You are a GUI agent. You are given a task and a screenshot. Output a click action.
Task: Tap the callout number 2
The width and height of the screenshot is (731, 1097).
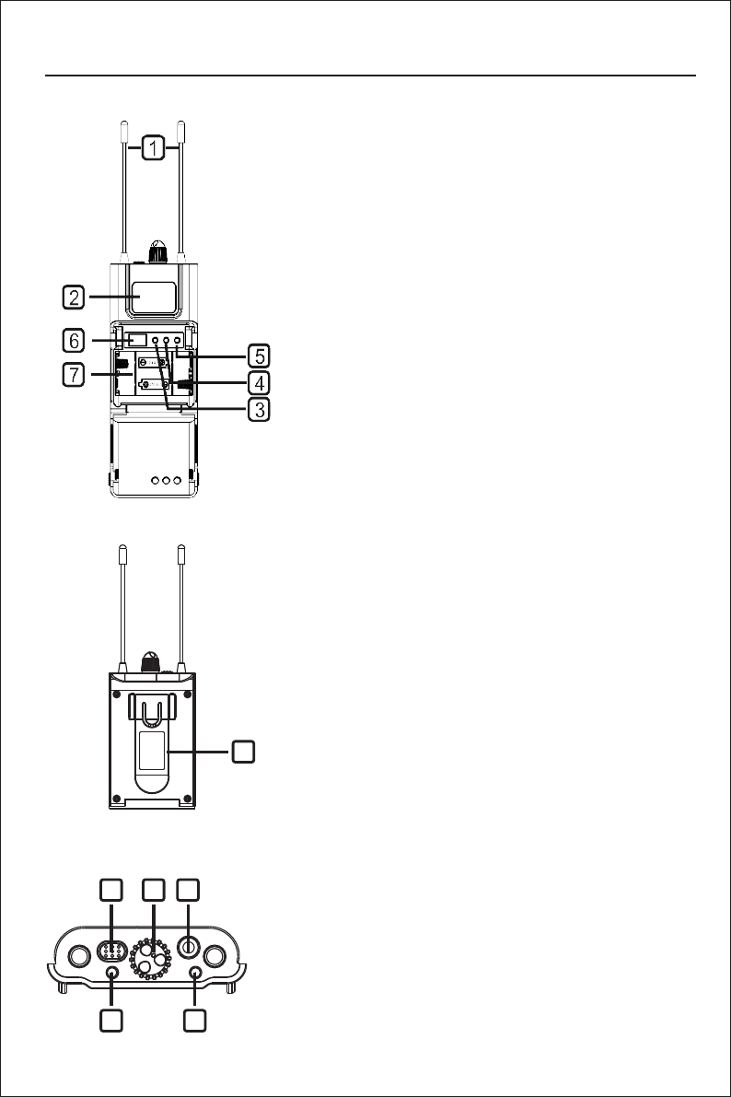coord(75,297)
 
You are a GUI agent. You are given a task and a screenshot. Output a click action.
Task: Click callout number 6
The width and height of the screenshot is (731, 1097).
coord(75,340)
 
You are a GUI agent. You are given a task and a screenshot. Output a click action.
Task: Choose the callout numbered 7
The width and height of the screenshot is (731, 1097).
coord(75,374)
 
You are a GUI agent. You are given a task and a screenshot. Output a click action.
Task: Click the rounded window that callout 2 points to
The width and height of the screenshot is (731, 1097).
coord(155,297)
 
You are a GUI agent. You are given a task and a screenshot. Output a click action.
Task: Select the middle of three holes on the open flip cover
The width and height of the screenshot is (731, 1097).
coord(166,480)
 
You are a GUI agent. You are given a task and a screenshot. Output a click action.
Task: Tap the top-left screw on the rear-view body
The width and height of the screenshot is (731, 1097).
coord(116,694)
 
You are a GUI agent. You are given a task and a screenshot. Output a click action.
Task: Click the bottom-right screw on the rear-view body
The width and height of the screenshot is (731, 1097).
coord(189,798)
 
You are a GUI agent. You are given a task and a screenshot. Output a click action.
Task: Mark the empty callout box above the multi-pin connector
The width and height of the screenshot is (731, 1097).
coord(110,890)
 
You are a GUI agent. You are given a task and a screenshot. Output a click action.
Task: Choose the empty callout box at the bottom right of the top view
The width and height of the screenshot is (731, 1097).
coord(195,1021)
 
